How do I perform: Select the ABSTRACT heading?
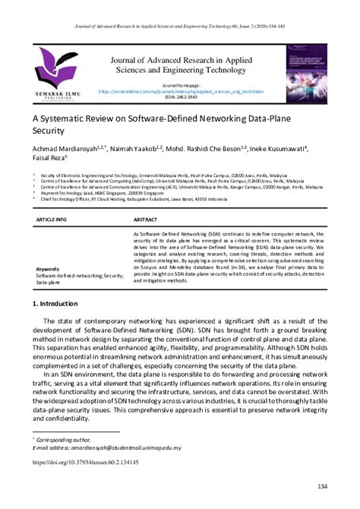[147, 217]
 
